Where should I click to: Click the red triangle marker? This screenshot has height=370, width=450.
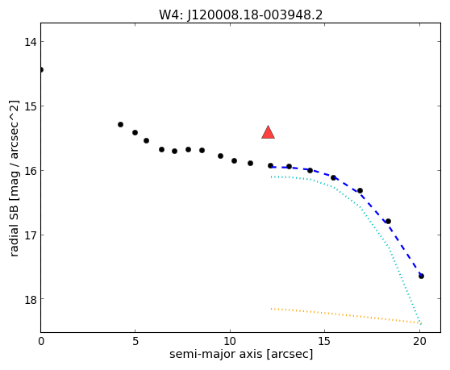tap(268, 132)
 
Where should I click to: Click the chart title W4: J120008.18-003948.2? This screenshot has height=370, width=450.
tap(241, 15)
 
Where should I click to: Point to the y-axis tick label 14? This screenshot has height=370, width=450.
tap(30, 42)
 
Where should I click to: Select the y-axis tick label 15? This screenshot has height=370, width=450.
tap(30, 106)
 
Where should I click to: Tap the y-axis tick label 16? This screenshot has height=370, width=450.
tap(30, 171)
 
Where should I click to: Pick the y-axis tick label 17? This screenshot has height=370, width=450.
tap(30, 235)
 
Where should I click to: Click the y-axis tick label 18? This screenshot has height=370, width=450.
tap(30, 299)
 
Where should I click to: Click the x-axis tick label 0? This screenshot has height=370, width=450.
tap(41, 341)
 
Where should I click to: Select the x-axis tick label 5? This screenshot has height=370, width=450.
tap(135, 341)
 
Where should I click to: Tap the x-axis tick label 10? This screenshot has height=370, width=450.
tap(230, 341)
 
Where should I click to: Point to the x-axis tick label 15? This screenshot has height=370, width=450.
tap(324, 341)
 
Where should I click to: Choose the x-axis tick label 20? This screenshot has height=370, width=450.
tap(419, 341)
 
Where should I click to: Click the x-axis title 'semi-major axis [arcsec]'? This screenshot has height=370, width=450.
tap(241, 354)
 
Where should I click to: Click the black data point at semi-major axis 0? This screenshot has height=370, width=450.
tap(41, 69)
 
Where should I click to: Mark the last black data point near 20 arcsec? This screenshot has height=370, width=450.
tap(421, 276)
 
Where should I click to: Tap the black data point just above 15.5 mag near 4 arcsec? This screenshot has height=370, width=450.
tap(120, 124)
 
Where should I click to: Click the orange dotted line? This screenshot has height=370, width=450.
tap(346, 316)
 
